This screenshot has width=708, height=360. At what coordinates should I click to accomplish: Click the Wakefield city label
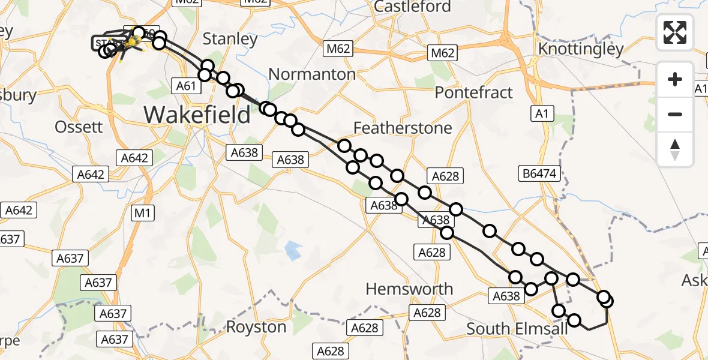(197, 114)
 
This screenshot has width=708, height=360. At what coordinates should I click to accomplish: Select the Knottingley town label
(581, 49)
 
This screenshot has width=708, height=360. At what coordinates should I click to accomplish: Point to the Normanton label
(311, 74)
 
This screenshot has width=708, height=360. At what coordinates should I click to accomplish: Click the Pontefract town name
(474, 92)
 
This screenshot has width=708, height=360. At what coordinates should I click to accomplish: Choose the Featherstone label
(403, 128)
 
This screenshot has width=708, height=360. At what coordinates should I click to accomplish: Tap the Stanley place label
(230, 40)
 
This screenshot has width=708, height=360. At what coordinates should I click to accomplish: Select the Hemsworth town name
(409, 289)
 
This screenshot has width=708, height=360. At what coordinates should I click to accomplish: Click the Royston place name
(256, 327)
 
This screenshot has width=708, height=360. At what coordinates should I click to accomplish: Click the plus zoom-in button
(675, 80)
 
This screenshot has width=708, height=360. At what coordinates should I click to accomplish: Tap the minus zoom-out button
(675, 114)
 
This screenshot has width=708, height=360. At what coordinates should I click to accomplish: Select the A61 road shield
(187, 86)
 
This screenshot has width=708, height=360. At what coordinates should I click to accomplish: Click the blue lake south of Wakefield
(293, 250)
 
